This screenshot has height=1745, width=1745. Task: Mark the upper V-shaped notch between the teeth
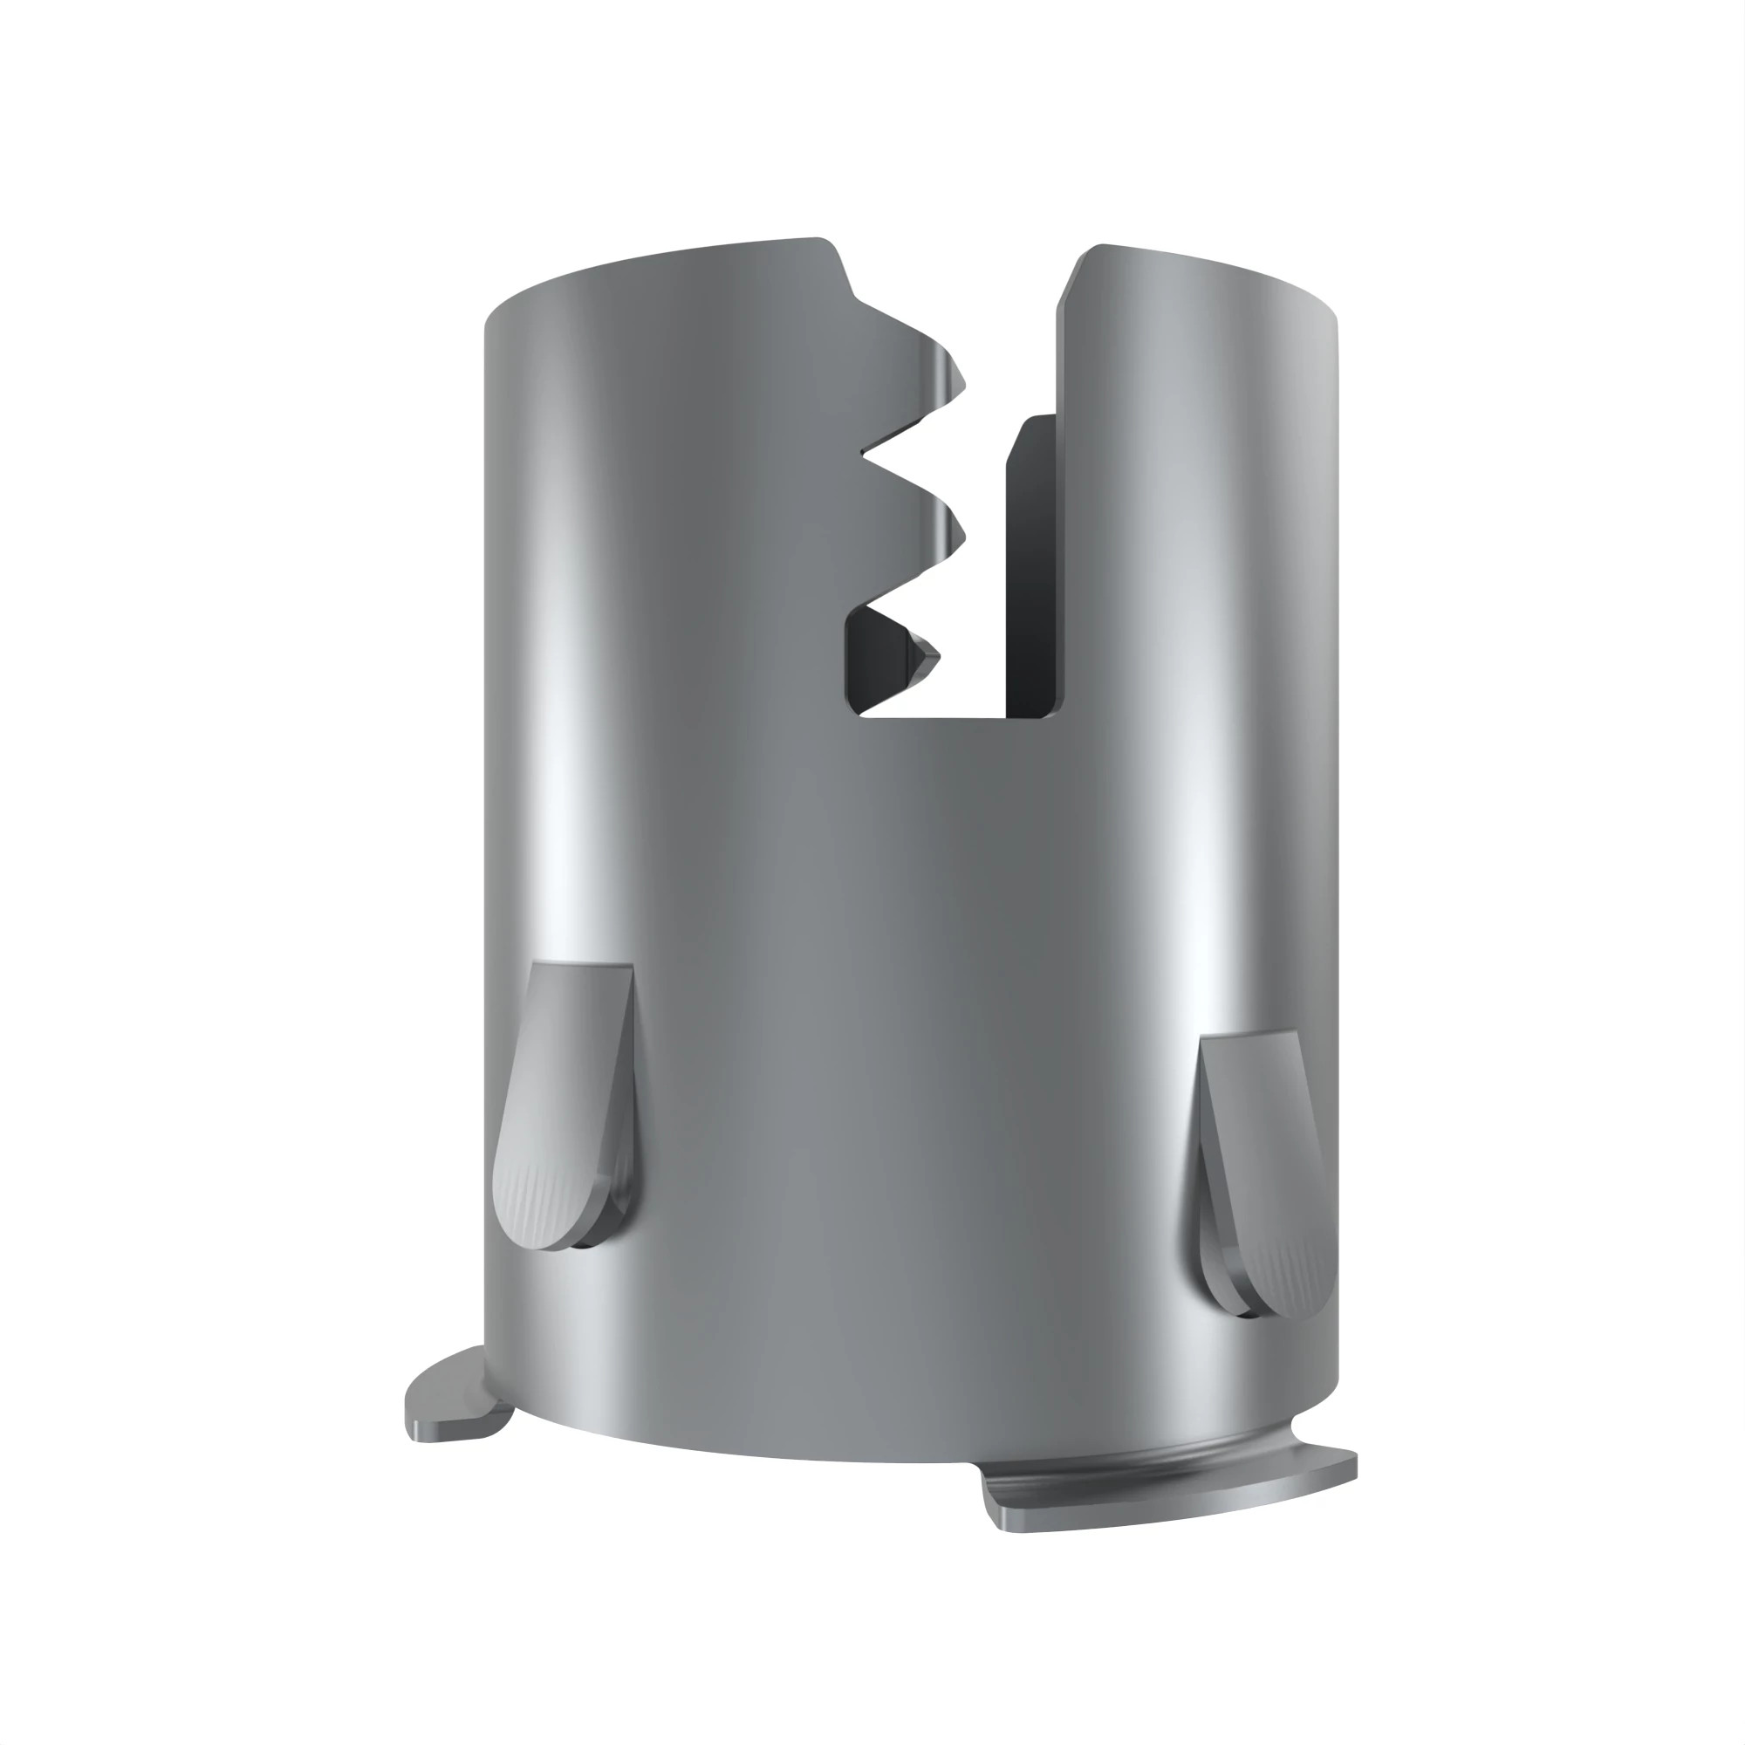[867, 456]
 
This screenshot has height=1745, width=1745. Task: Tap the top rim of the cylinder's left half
[650, 262]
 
